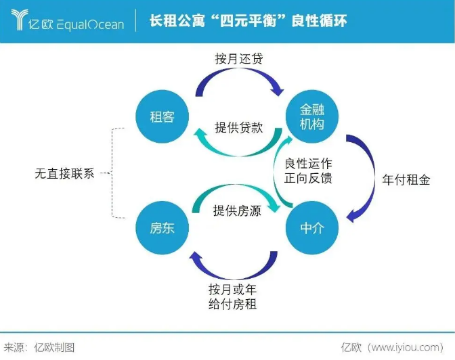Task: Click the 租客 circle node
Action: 162,116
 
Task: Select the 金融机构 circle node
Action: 311,116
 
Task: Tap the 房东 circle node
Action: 162,228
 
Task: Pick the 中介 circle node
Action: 311,228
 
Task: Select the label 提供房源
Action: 237,210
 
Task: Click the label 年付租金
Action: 406,181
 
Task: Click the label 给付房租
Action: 233,304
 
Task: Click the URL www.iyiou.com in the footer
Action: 406,347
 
